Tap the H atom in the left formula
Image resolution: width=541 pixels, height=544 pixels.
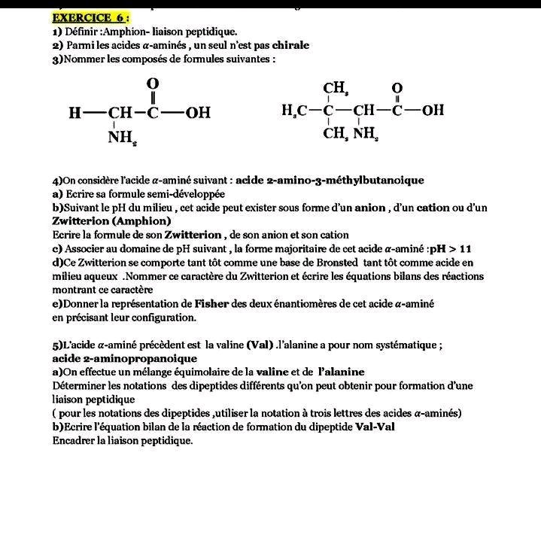tap(74, 114)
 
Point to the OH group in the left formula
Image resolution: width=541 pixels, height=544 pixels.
tap(197, 113)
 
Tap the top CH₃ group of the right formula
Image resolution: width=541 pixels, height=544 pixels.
tap(335, 89)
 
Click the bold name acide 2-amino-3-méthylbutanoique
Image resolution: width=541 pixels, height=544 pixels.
tap(330, 181)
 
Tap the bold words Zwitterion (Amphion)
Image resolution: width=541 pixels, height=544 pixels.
tap(111, 221)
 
